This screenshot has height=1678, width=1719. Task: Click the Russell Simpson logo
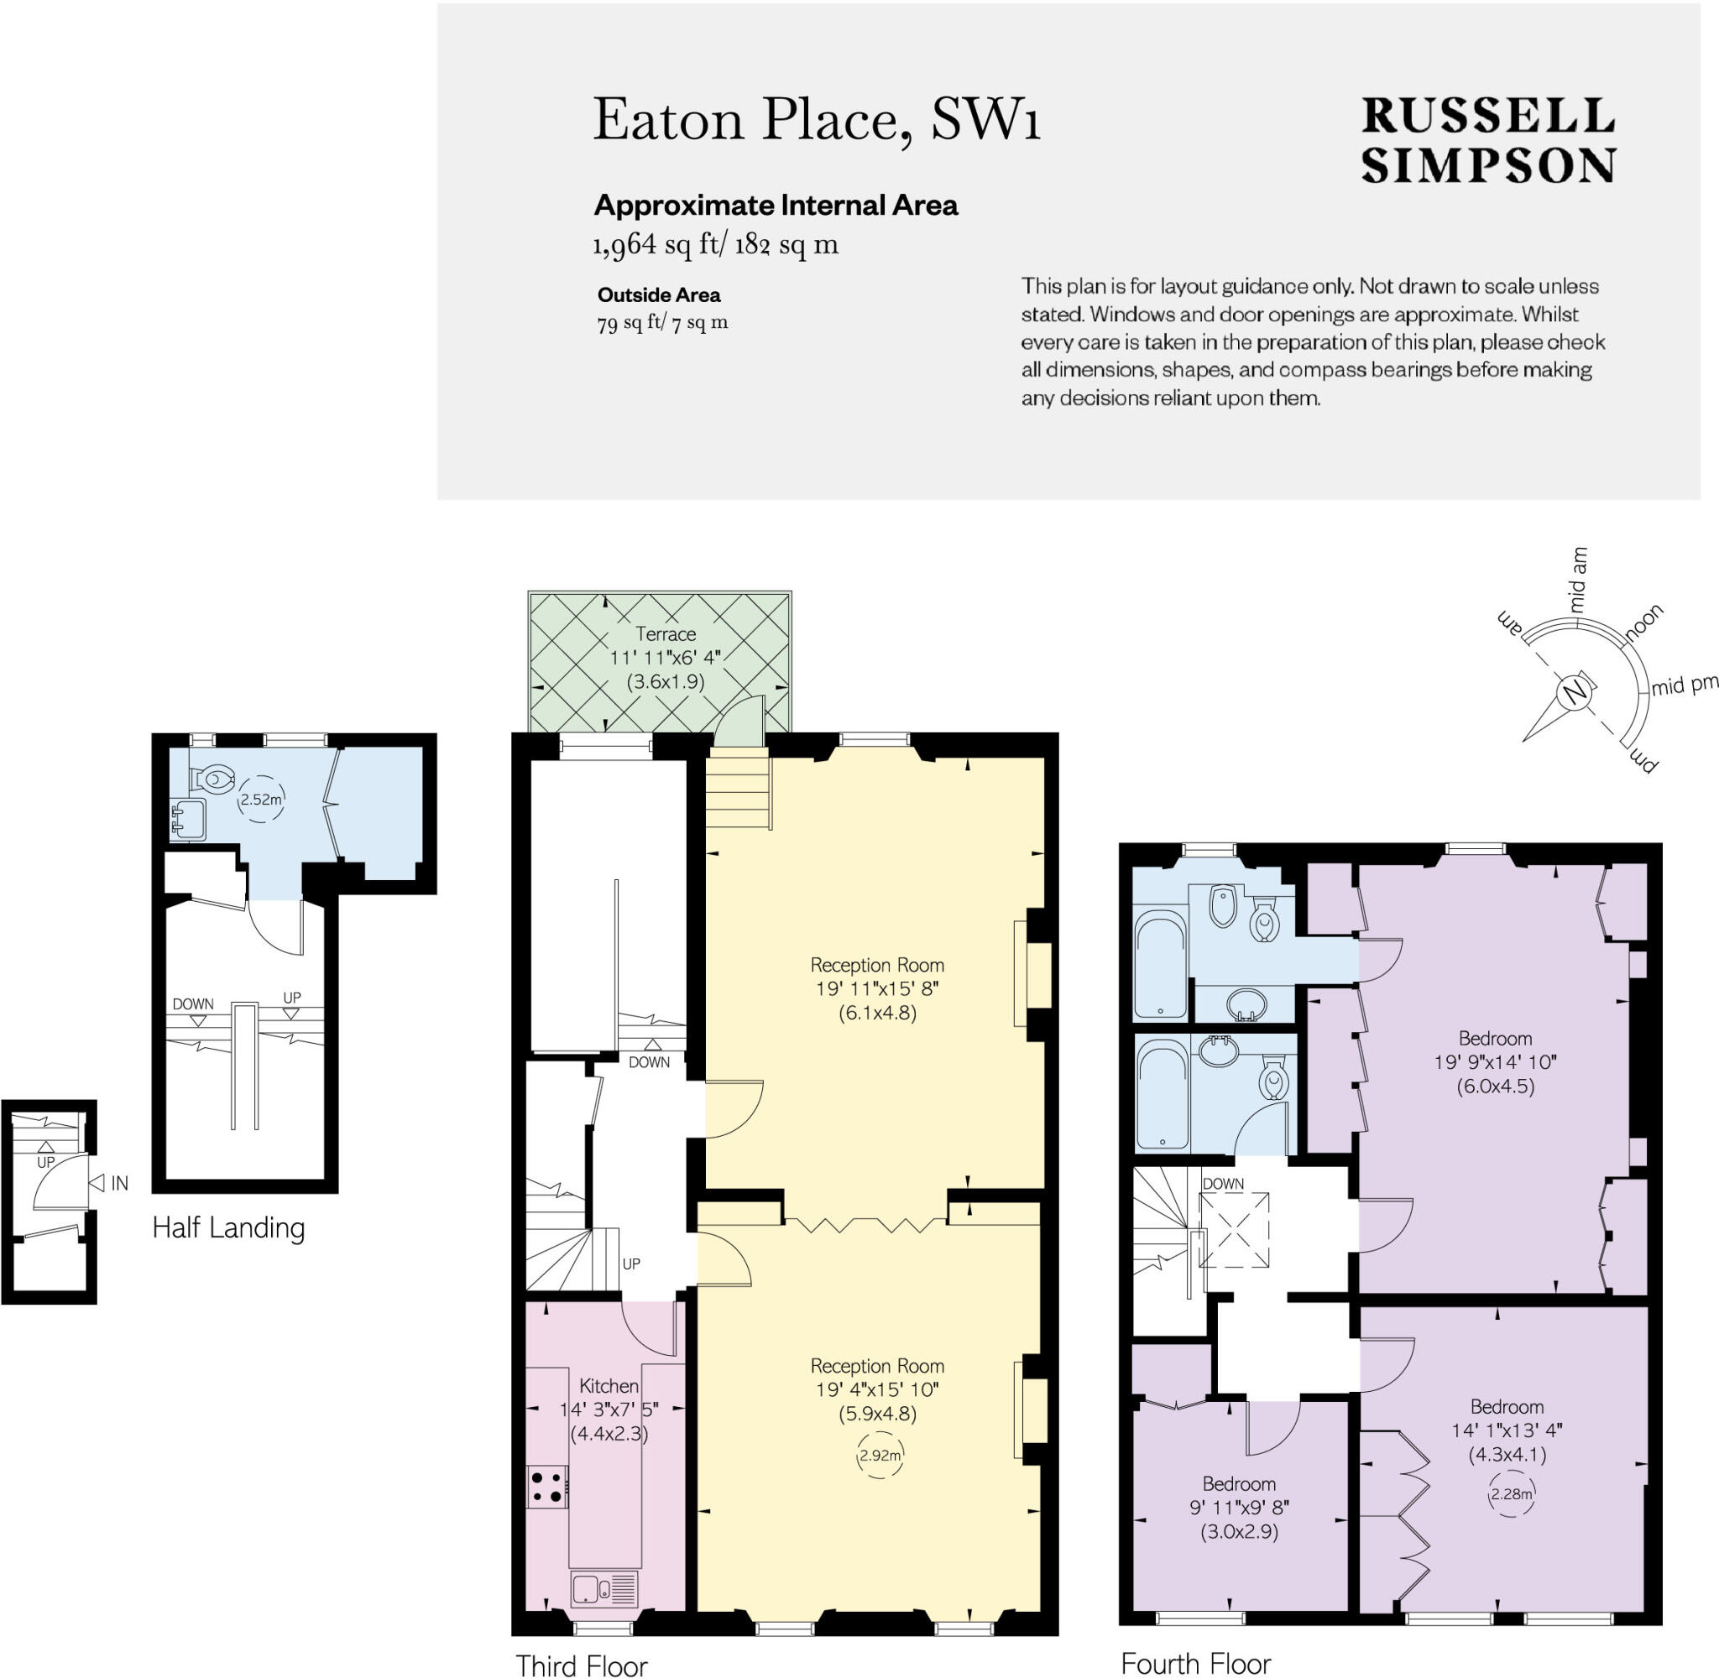click(x=1488, y=139)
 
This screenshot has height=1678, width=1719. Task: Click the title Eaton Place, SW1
click(x=817, y=120)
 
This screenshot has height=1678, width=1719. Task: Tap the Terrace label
click(x=666, y=633)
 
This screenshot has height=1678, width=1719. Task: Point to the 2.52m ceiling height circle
click(x=261, y=800)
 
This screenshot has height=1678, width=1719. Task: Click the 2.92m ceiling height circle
click(x=880, y=1455)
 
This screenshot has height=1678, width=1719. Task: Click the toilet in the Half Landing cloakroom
click(x=214, y=779)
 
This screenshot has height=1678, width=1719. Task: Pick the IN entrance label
click(x=119, y=1184)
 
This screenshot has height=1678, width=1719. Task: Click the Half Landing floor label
click(x=228, y=1227)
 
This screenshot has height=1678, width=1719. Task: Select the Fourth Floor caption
click(x=1195, y=1663)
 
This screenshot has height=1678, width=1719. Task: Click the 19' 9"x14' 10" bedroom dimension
click(x=1495, y=1062)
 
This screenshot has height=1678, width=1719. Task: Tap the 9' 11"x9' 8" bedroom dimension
click(x=1239, y=1508)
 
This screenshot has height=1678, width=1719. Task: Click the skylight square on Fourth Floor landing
click(x=1236, y=1230)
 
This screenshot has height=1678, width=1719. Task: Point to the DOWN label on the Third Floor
click(x=649, y=1062)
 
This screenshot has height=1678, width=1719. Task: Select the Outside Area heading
click(x=659, y=295)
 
